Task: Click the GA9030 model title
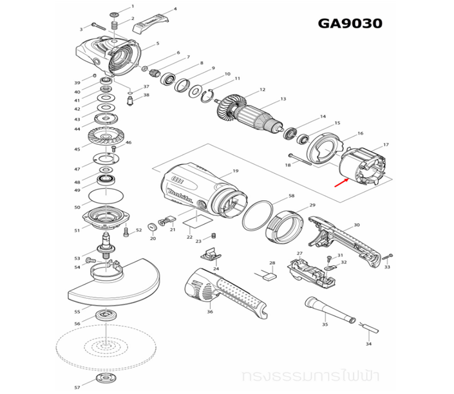tap(350, 24)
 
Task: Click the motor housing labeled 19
tap(200, 193)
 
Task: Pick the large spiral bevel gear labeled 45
tap(106, 138)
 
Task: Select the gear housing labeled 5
tap(113, 55)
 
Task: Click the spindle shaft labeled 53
tap(104, 245)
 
